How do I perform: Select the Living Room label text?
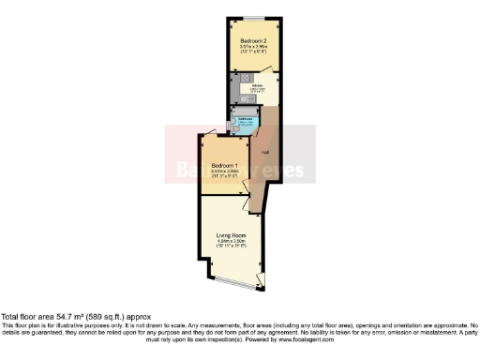tap(231, 234)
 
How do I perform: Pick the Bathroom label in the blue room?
tap(241, 119)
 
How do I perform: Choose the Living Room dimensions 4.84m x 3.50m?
tap(231, 241)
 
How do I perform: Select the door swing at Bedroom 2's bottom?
tap(272, 70)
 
